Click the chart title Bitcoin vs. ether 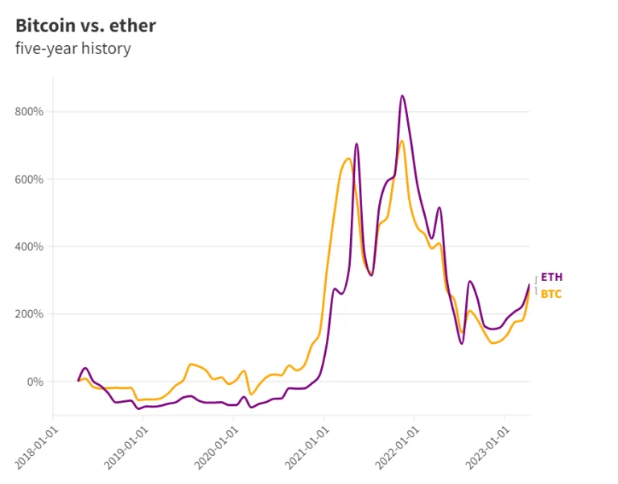pos(86,25)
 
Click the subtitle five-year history pos(73,48)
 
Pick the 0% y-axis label pos(33,382)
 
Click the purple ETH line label pos(551,277)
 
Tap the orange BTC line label pos(551,294)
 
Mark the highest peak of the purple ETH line pos(402,96)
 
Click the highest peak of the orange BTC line pos(402,141)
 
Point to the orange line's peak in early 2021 pos(348,159)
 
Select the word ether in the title pos(135,25)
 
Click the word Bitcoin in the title pos(45,25)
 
